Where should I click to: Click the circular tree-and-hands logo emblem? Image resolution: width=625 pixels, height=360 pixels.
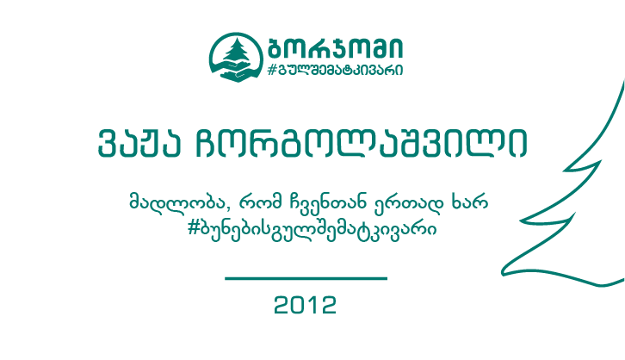237,57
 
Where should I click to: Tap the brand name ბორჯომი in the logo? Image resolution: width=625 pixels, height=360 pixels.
336,48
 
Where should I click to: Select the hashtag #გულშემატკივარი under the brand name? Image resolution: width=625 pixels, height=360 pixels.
335,70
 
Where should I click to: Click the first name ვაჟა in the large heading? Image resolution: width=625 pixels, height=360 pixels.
139,144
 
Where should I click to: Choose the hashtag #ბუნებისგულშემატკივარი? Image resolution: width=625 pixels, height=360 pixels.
312,229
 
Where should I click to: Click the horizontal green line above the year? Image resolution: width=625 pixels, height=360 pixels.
306,278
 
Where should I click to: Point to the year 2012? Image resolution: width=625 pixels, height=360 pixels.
306,305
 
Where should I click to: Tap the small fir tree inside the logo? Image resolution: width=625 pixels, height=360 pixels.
237,50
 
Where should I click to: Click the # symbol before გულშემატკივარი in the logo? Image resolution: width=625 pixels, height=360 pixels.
272,70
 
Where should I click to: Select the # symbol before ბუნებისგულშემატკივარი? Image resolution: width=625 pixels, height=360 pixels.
194,229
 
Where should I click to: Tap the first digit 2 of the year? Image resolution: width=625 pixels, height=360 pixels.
282,305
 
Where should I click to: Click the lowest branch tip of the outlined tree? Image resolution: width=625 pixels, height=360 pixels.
503,272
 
